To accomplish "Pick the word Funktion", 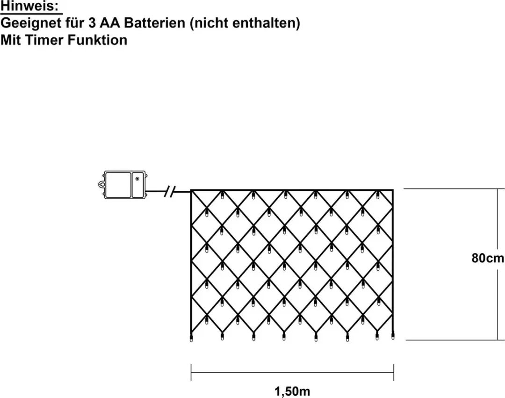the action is click(x=97, y=40).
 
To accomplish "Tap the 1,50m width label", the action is click(x=292, y=391).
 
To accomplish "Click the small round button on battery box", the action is click(x=137, y=178).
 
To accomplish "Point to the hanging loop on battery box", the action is click(x=101, y=185).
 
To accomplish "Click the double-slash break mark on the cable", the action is click(x=169, y=192).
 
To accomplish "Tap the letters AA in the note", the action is click(x=110, y=23).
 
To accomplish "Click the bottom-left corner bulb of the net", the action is click(x=191, y=338).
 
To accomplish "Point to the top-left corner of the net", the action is click(x=191, y=190).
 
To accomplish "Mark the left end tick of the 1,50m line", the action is click(x=191, y=373).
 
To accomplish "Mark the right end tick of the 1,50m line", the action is click(x=394, y=373).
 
